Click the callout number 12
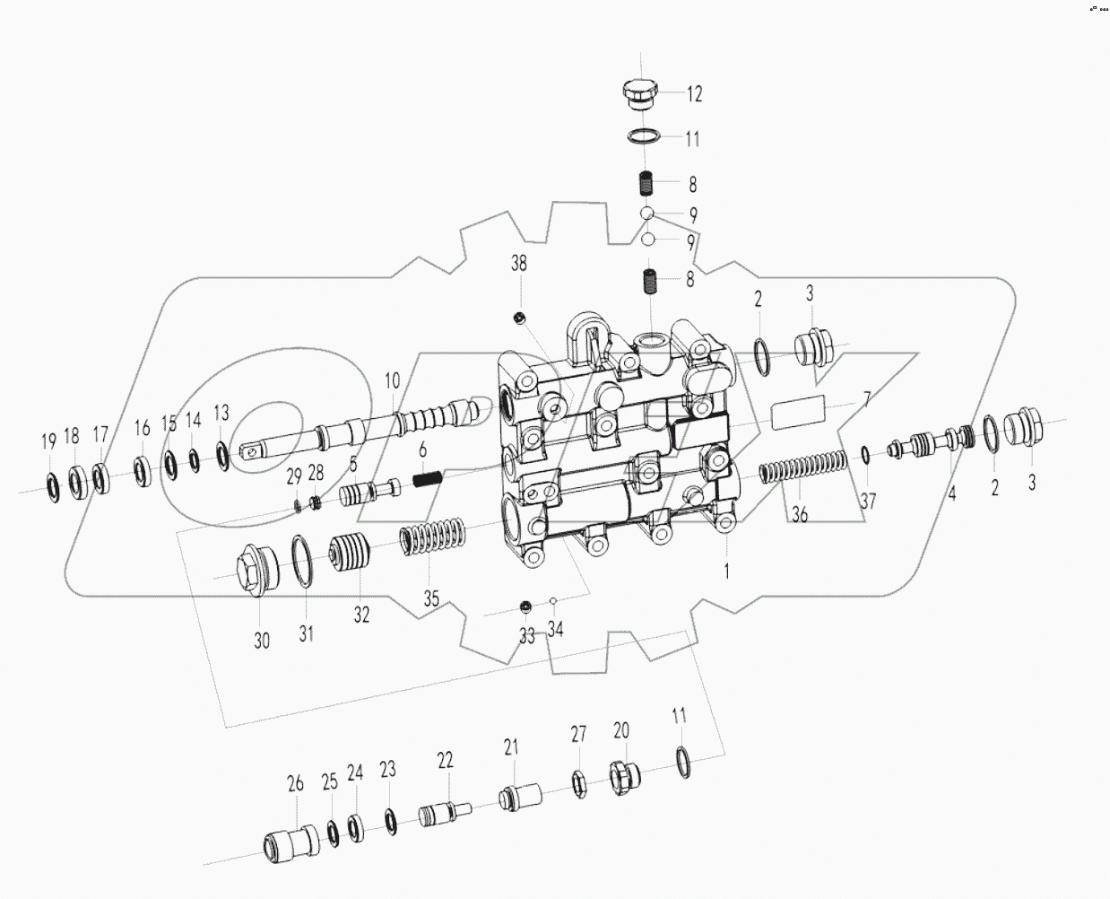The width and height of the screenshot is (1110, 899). click(x=694, y=93)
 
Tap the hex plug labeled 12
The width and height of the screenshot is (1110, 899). click(x=637, y=93)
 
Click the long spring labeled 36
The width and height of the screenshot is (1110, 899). click(x=803, y=471)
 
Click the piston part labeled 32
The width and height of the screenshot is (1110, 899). click(x=351, y=553)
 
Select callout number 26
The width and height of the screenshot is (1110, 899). click(x=296, y=783)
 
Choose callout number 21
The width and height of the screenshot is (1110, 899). click(x=511, y=746)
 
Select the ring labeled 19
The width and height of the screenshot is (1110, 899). click(x=53, y=485)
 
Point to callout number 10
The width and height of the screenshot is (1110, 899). click(x=392, y=380)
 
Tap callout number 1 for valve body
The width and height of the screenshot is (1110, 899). click(x=726, y=569)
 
